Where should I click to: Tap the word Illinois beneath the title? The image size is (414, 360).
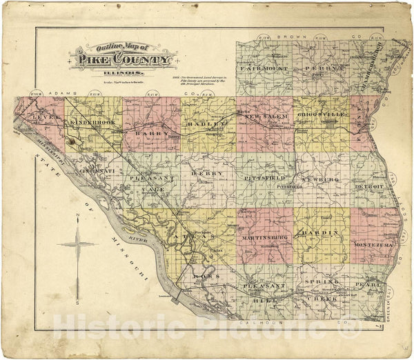(121, 73)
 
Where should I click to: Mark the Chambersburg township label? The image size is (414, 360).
(373, 66)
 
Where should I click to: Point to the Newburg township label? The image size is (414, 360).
(322, 178)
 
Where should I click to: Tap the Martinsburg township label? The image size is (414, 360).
(264, 237)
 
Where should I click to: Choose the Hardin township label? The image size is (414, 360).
(322, 232)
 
